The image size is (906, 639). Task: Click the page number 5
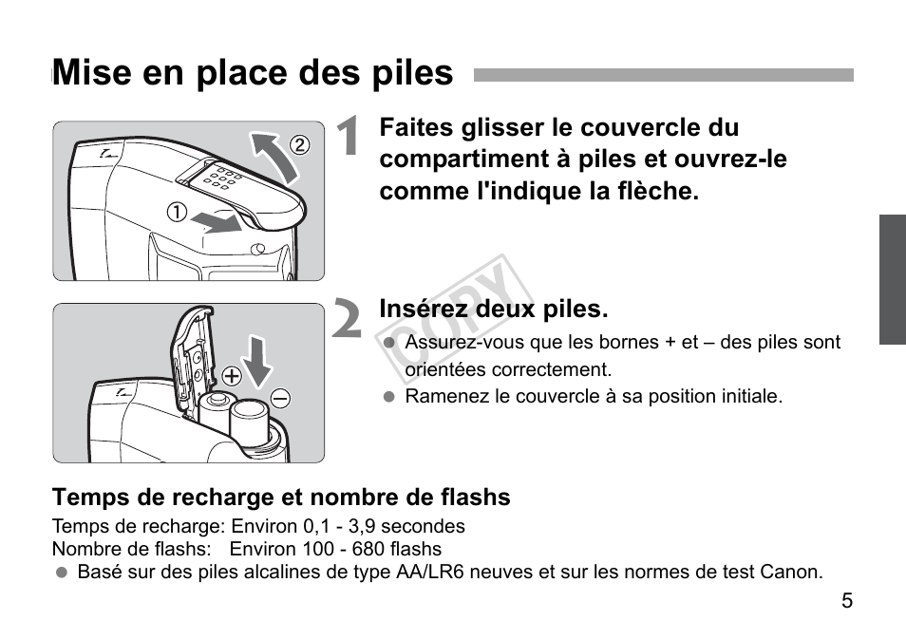[x=846, y=601]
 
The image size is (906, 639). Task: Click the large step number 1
[x=349, y=139]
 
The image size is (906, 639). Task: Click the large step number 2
[x=349, y=320]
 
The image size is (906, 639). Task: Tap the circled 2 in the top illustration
[x=299, y=145]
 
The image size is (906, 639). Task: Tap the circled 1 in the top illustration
[x=176, y=213]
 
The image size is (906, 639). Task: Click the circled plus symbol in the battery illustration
[x=232, y=375]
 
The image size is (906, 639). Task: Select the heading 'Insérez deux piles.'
[x=493, y=310]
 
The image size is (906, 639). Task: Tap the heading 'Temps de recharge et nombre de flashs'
[x=281, y=498]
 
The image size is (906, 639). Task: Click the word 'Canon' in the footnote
[x=793, y=572]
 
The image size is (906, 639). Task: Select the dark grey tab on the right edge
[x=892, y=279]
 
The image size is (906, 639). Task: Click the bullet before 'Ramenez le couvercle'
[x=387, y=397]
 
